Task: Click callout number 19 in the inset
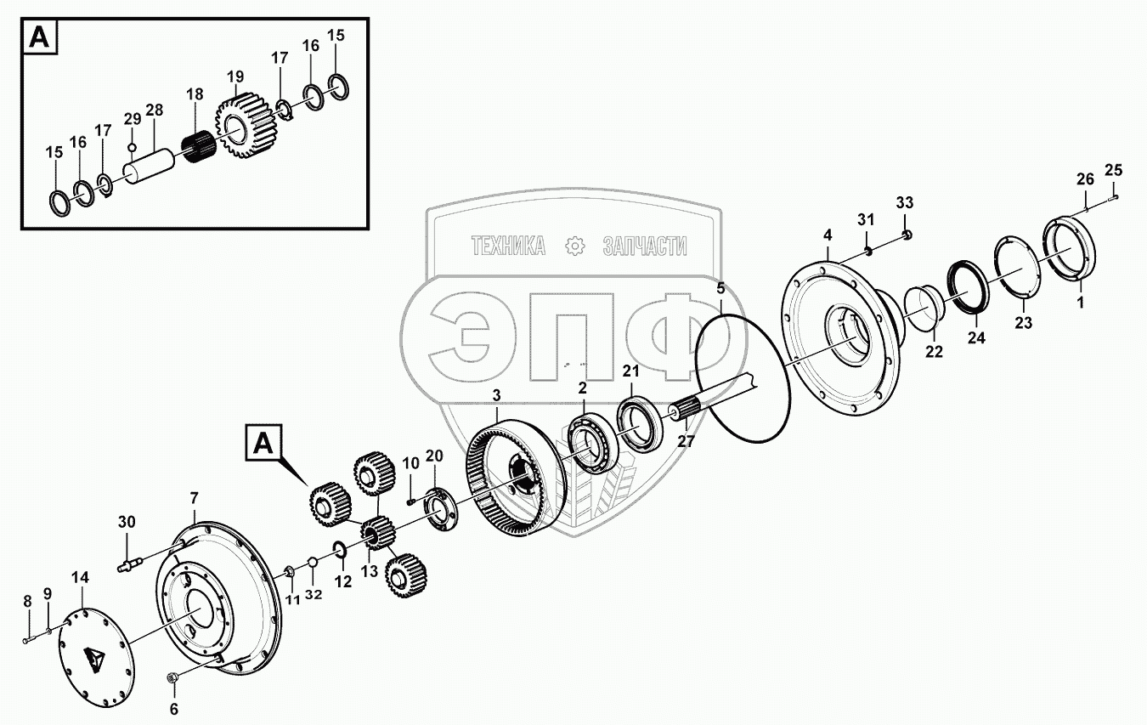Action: [x=235, y=77]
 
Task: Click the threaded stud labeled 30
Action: [x=127, y=562]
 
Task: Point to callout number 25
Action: [x=1113, y=171]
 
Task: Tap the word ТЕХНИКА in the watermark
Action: [x=508, y=246]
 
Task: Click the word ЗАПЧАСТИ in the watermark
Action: [x=645, y=246]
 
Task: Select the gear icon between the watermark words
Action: [x=575, y=246]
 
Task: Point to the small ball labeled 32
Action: [x=312, y=562]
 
